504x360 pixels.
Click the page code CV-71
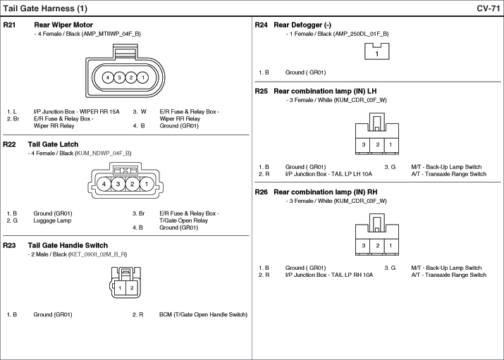(x=488, y=8)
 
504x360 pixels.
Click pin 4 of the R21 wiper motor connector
(x=108, y=77)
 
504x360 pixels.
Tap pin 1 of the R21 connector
(x=142, y=77)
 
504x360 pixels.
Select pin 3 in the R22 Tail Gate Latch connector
(x=118, y=184)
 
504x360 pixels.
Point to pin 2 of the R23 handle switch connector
(x=132, y=287)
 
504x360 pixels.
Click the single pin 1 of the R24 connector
(x=376, y=54)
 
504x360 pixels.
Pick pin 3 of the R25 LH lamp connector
(x=364, y=144)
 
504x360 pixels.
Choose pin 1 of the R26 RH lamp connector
(x=391, y=246)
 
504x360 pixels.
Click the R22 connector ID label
(x=9, y=144)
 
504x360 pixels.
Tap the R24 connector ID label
(x=262, y=25)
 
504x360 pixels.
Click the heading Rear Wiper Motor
(x=63, y=25)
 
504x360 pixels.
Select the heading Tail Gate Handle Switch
(x=68, y=246)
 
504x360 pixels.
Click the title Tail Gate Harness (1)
(x=45, y=8)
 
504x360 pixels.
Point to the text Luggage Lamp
(x=52, y=221)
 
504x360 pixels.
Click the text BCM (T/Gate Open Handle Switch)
(x=203, y=315)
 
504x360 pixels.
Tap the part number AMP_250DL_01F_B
(x=362, y=34)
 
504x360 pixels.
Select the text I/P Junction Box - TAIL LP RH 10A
(x=329, y=275)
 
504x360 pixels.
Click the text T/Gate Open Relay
(x=183, y=221)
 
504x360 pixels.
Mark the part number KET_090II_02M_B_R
(x=98, y=254)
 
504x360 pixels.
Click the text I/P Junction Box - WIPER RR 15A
(x=77, y=112)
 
